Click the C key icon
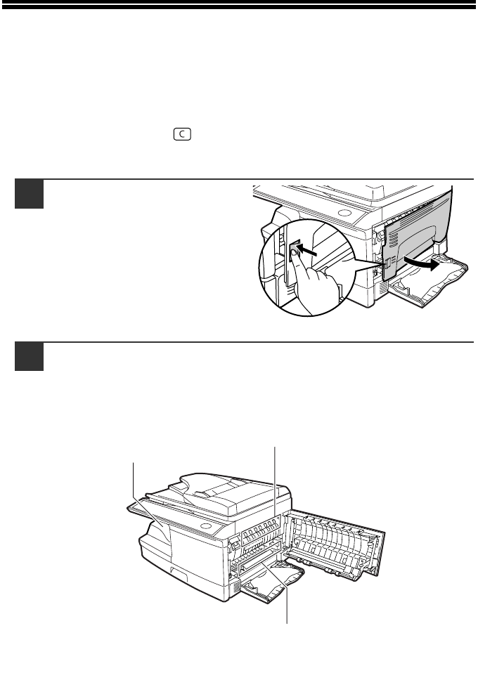click(182, 134)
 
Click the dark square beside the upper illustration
click(30, 194)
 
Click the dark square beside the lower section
click(30, 357)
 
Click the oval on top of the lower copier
click(207, 527)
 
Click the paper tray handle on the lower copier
click(180, 571)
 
